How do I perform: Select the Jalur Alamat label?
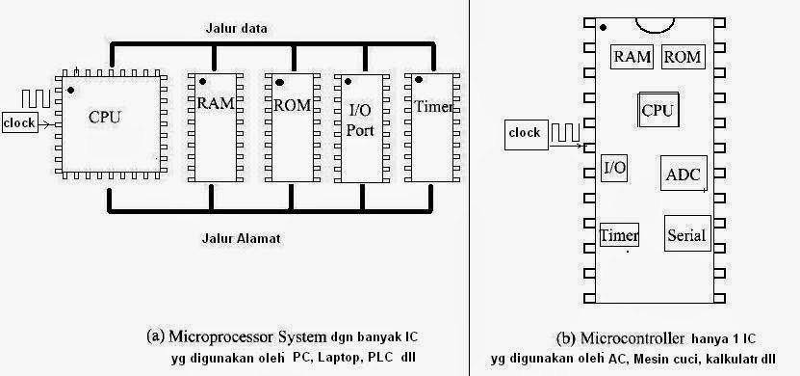click(241, 237)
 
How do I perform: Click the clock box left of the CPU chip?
click(20, 122)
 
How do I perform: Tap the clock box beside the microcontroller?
click(524, 132)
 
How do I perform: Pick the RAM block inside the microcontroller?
click(633, 57)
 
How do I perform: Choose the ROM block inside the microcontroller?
click(682, 57)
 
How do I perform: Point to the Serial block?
click(685, 234)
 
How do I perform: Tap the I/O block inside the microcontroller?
click(614, 168)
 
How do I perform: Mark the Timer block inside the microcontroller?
click(619, 235)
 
